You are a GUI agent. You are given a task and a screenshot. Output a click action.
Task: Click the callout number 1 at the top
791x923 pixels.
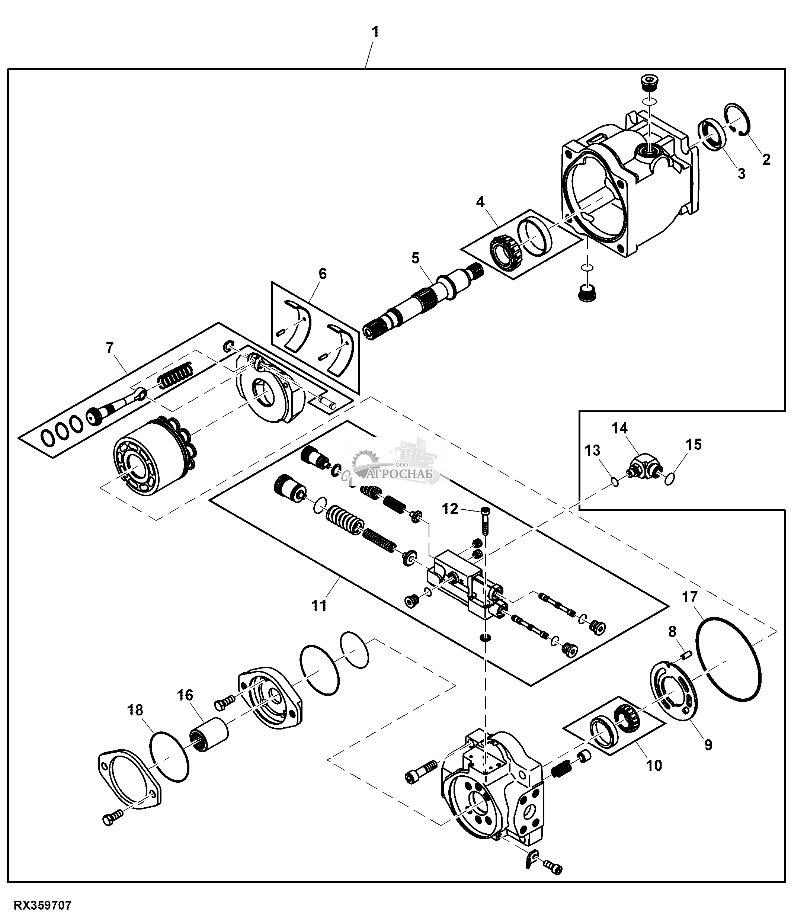click(x=375, y=32)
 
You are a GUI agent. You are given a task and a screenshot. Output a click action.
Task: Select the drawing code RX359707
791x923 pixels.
click(x=43, y=905)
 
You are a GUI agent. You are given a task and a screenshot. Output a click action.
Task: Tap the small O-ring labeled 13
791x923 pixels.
click(x=615, y=482)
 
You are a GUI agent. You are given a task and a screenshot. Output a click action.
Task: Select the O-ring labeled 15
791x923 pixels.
click(x=669, y=479)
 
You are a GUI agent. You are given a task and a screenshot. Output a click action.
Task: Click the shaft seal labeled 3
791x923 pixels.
click(x=713, y=142)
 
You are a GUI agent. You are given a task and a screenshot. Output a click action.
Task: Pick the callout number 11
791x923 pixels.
click(x=319, y=606)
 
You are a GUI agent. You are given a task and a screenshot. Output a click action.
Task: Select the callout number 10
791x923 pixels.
click(x=654, y=765)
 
